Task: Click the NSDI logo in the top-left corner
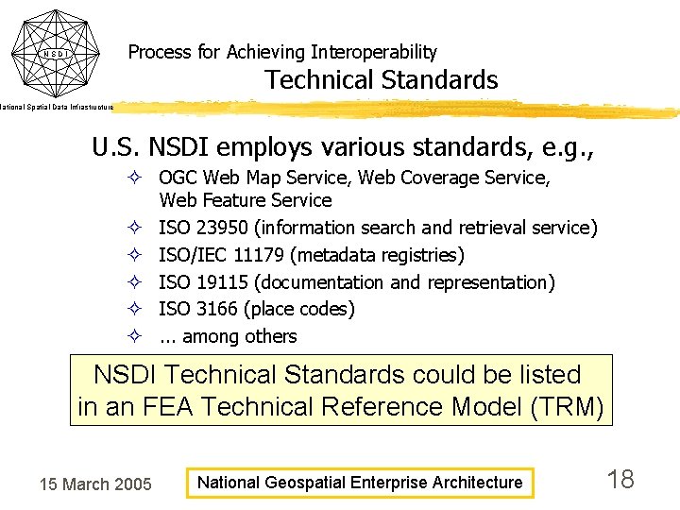click(x=57, y=53)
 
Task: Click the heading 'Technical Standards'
click(x=381, y=80)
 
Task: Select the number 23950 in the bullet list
click(x=225, y=228)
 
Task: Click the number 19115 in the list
click(x=225, y=282)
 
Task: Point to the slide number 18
click(x=620, y=480)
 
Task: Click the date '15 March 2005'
click(x=94, y=484)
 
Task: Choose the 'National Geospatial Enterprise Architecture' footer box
click(x=359, y=483)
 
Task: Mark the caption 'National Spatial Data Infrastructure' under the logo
click(x=57, y=108)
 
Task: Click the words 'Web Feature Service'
click(x=246, y=200)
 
